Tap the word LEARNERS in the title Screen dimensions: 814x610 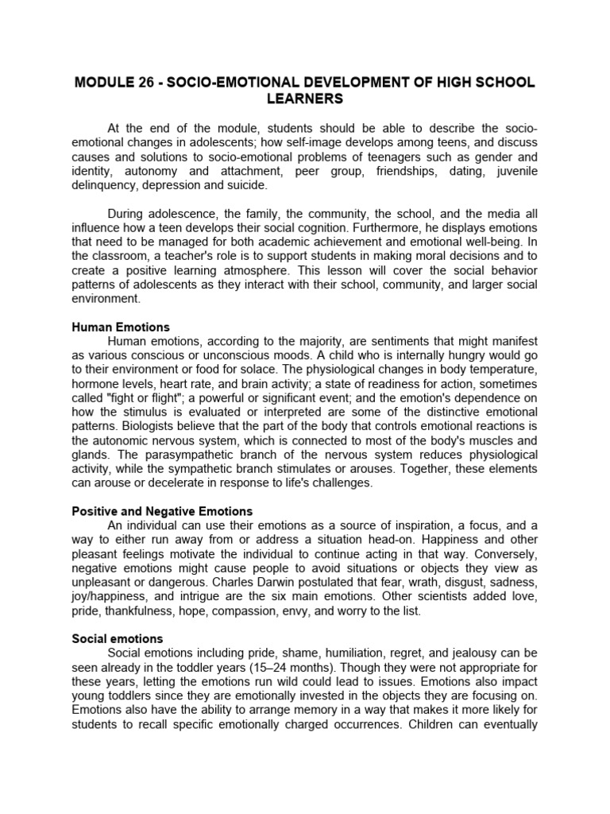[305, 99]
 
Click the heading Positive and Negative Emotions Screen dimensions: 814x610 [162, 510]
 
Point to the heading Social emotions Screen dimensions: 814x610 [118, 638]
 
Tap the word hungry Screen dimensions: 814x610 [461, 357]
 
